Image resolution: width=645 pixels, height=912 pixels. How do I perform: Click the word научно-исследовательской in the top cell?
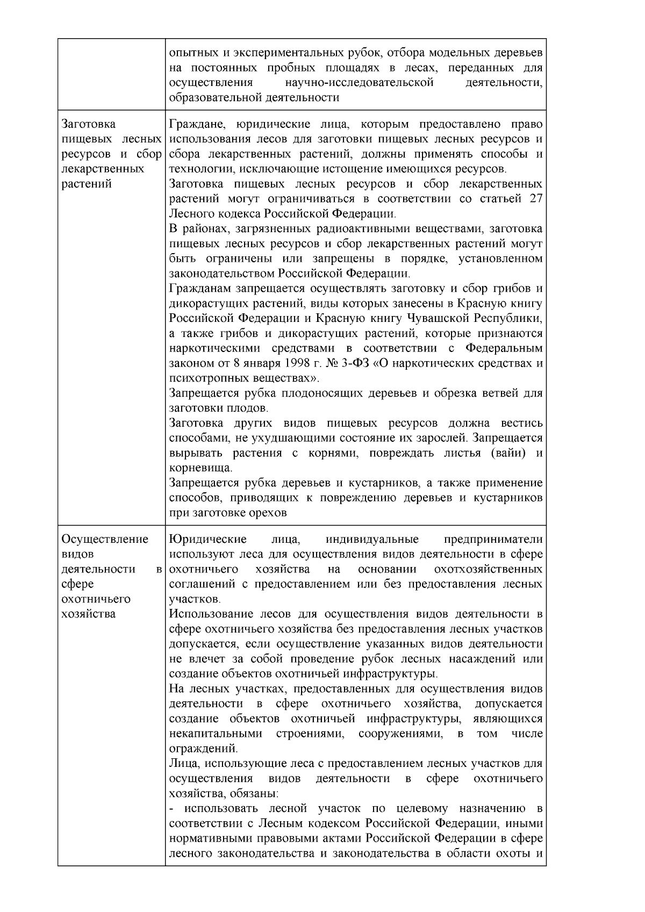tap(359, 83)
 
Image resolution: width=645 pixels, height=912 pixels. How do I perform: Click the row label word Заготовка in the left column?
tap(89, 125)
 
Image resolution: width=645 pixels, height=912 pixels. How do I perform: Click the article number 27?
tap(535, 199)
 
